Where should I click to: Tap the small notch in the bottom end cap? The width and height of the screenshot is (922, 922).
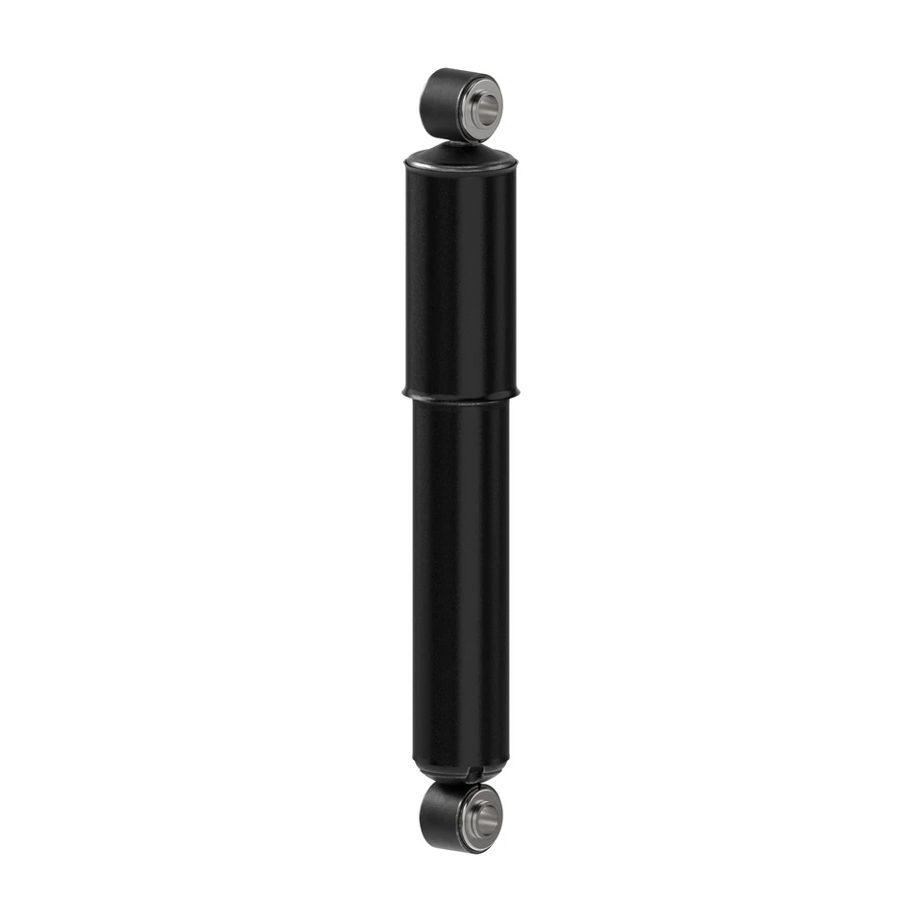[467, 774]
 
